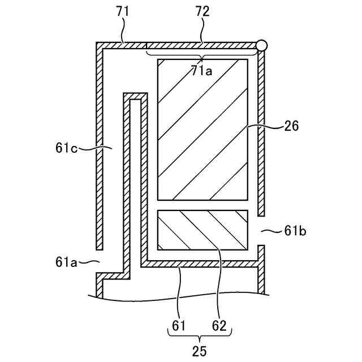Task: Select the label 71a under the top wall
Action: point(202,71)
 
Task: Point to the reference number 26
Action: point(292,127)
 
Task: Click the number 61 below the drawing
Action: point(178,326)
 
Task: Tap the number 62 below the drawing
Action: point(219,326)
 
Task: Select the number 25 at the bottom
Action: point(199,351)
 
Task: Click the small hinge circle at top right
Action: point(261,45)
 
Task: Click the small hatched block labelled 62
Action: point(202,230)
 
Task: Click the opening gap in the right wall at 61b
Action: point(261,230)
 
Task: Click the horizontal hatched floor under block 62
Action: point(201,264)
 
